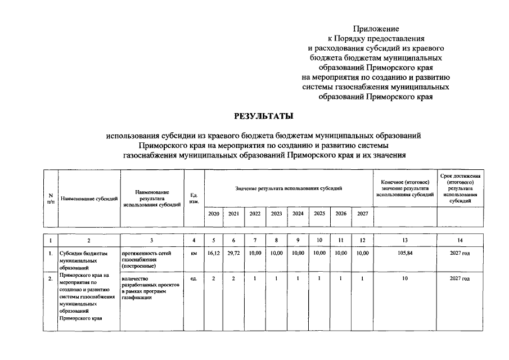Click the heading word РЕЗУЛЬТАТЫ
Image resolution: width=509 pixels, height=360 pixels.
[264, 116]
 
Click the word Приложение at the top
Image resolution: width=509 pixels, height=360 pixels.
[376, 28]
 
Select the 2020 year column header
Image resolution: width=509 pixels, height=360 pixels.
[214, 214]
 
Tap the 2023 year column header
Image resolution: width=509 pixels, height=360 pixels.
[276, 214]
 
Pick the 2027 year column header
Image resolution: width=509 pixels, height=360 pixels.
[362, 214]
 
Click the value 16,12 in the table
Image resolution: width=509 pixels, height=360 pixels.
[214, 254]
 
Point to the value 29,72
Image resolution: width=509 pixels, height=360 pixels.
[234, 254]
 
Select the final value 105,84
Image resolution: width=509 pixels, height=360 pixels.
[405, 254]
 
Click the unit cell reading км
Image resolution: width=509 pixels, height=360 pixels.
[194, 254]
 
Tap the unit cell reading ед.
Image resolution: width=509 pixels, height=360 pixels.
[194, 279]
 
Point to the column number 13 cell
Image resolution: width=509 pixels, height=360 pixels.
[405, 241]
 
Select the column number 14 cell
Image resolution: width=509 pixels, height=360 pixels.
[460, 241]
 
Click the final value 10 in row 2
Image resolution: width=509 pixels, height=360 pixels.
[405, 279]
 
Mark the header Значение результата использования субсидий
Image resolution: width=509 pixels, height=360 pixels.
[289, 188]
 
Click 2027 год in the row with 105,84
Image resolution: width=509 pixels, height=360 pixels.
[460, 254]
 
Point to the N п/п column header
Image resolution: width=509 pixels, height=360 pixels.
[51, 198]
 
